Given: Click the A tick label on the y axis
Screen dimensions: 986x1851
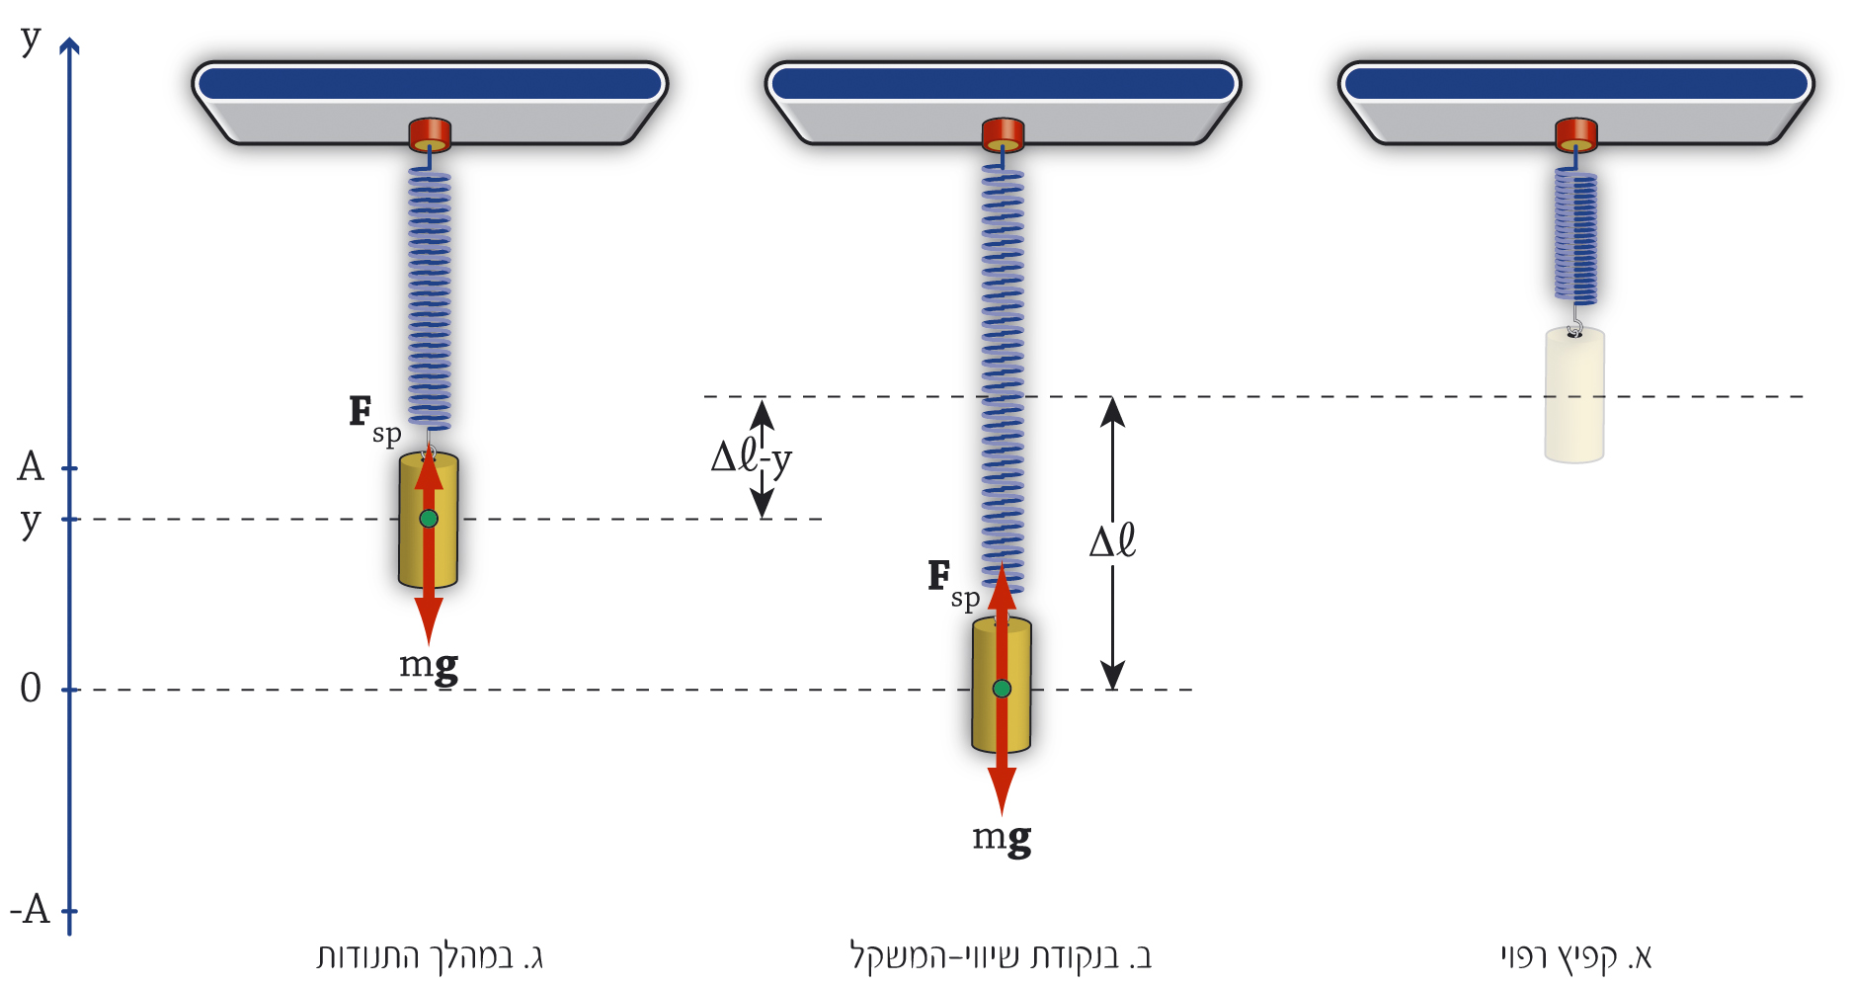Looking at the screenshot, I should point(32,466).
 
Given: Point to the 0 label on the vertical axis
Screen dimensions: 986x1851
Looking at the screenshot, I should point(31,689).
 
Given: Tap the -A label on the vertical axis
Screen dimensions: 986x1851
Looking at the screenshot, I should point(31,909).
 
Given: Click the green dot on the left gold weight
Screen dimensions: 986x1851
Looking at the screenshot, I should point(428,519).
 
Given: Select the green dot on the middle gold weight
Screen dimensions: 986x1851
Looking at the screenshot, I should point(1002,689).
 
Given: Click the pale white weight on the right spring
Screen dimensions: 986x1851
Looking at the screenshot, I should point(1574,395).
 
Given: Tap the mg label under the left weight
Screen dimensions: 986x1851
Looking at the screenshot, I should point(429,665).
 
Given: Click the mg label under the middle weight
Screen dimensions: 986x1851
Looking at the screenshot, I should point(1002,838).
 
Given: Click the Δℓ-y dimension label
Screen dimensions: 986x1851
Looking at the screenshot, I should point(751,457).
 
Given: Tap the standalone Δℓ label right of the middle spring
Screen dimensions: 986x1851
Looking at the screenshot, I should point(1112,541).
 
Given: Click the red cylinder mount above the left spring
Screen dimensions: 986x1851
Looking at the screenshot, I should point(430,133).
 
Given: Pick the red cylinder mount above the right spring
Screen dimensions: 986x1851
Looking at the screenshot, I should point(1575,133).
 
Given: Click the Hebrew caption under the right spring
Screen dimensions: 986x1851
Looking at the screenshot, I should point(1575,956).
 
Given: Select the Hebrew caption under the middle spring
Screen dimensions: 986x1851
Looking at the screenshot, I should point(1001,956).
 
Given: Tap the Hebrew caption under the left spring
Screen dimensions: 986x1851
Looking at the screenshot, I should point(430,956).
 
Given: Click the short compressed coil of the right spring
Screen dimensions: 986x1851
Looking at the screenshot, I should point(1575,237).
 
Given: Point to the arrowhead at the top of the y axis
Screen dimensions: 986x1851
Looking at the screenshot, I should point(69,45).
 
